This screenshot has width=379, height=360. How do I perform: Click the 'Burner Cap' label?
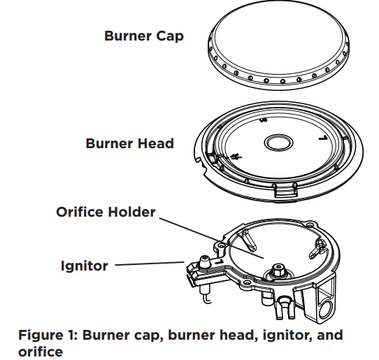144,36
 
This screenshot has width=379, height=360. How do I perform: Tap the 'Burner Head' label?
130,143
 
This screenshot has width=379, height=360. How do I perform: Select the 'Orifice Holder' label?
106,212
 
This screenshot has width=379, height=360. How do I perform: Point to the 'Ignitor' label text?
84,266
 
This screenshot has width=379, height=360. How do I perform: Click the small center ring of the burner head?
278,143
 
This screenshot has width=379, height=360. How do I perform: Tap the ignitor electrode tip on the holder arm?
204,261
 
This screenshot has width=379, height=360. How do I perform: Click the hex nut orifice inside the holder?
278,270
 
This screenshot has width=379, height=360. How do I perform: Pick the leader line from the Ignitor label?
150,264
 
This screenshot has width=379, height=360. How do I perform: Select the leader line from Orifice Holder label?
211,238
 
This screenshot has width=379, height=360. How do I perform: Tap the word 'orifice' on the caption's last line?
41,352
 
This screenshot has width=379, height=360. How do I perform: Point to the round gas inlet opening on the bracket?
326,310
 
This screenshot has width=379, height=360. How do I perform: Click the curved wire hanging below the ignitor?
207,298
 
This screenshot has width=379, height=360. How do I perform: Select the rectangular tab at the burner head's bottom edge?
285,191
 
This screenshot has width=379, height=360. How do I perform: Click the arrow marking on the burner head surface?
235,157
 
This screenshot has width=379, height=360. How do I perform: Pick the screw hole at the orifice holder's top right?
308,225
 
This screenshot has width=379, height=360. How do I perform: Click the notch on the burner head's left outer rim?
199,160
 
